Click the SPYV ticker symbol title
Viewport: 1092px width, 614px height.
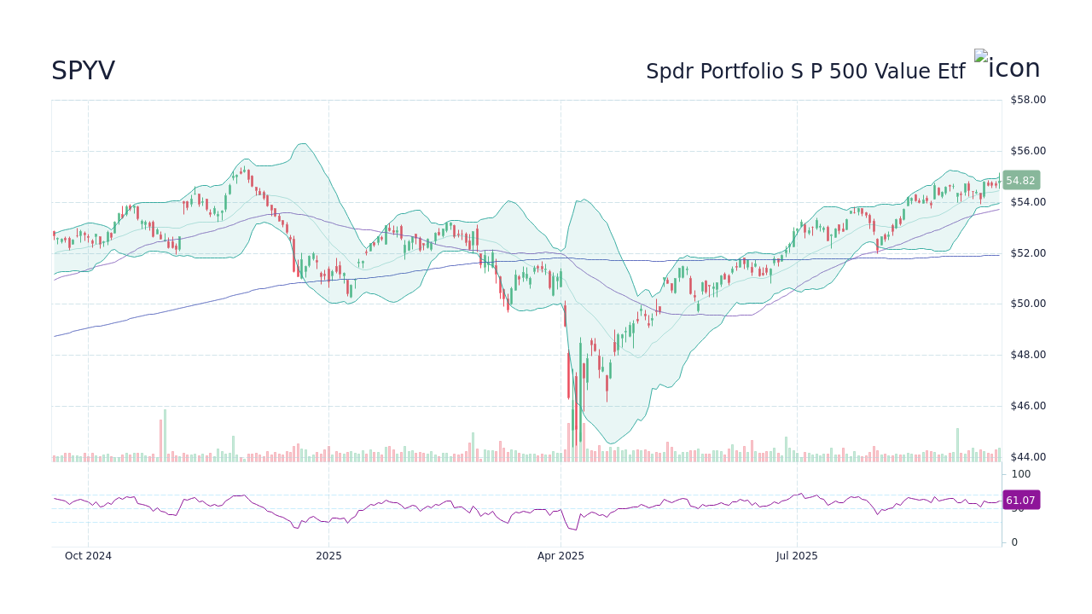(x=83, y=72)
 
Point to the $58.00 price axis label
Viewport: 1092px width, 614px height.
(x=1027, y=100)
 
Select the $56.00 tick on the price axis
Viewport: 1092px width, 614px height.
(x=1027, y=151)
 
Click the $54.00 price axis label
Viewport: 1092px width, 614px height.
(x=1027, y=202)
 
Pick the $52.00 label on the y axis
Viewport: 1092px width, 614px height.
(x=1027, y=253)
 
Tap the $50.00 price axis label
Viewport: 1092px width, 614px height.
(x=1027, y=304)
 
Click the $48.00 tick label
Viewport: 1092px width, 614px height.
(x=1027, y=355)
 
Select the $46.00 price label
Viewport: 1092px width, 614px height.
(x=1027, y=406)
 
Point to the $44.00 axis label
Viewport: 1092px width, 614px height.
(x=1027, y=457)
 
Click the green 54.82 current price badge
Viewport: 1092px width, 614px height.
(x=1020, y=181)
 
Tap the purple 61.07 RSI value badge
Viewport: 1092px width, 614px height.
(x=1020, y=501)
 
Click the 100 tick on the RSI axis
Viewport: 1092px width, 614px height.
(x=1020, y=474)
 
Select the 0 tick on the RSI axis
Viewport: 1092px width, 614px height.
(x=1014, y=542)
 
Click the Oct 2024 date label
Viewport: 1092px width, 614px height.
(x=88, y=556)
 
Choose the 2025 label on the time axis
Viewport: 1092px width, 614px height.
(x=328, y=556)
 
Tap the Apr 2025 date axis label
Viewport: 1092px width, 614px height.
(x=561, y=556)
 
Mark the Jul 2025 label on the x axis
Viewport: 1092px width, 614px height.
(x=797, y=556)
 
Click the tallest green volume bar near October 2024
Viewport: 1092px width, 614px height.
(x=165, y=436)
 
